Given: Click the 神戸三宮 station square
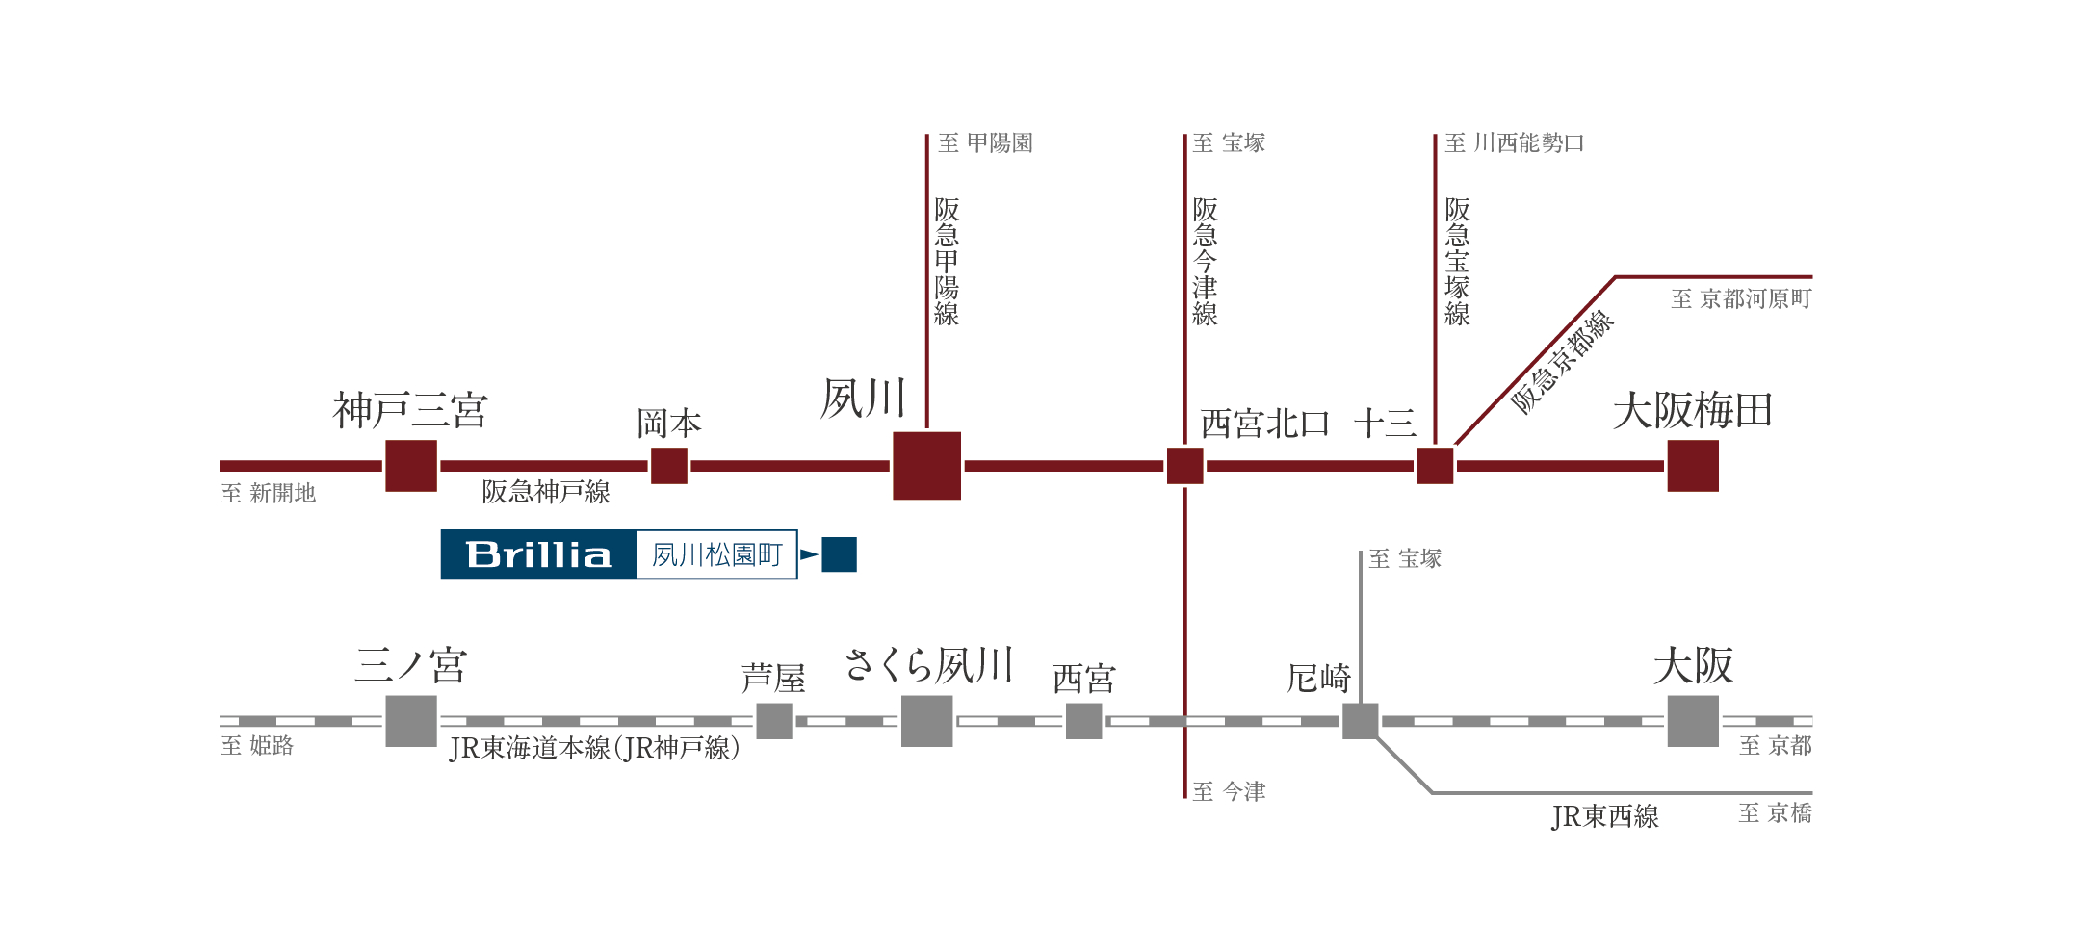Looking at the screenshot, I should pos(411,466).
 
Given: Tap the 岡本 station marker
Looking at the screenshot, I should pos(669,466).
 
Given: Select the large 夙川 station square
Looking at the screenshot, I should pos(926,466).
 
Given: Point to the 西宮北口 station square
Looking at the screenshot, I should pos(1184,466).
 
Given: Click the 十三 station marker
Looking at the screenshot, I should pos(1435,466).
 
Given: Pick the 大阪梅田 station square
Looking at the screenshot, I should pos(1693,466).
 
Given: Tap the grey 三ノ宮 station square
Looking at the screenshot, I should pos(411,721).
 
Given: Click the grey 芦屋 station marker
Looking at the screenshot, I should pos(774,721).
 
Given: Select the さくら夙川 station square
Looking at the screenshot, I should pos(926,721).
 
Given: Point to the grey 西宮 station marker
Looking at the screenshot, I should pos(1083,721).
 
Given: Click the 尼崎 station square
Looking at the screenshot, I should pos(1360,721).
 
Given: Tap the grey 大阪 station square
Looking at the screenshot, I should pos(1693,721).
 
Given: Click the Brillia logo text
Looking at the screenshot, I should pos(538,555).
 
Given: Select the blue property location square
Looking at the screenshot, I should pos(839,554).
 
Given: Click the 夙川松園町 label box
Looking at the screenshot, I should pos(717,555).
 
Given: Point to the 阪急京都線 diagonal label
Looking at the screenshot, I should pos(1562,362).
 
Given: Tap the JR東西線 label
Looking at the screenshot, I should pos(1605,816).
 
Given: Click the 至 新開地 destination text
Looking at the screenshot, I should pos(269,494).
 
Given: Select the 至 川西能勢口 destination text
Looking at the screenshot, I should pos(1515,143).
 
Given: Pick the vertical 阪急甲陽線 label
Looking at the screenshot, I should pos(947,262).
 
